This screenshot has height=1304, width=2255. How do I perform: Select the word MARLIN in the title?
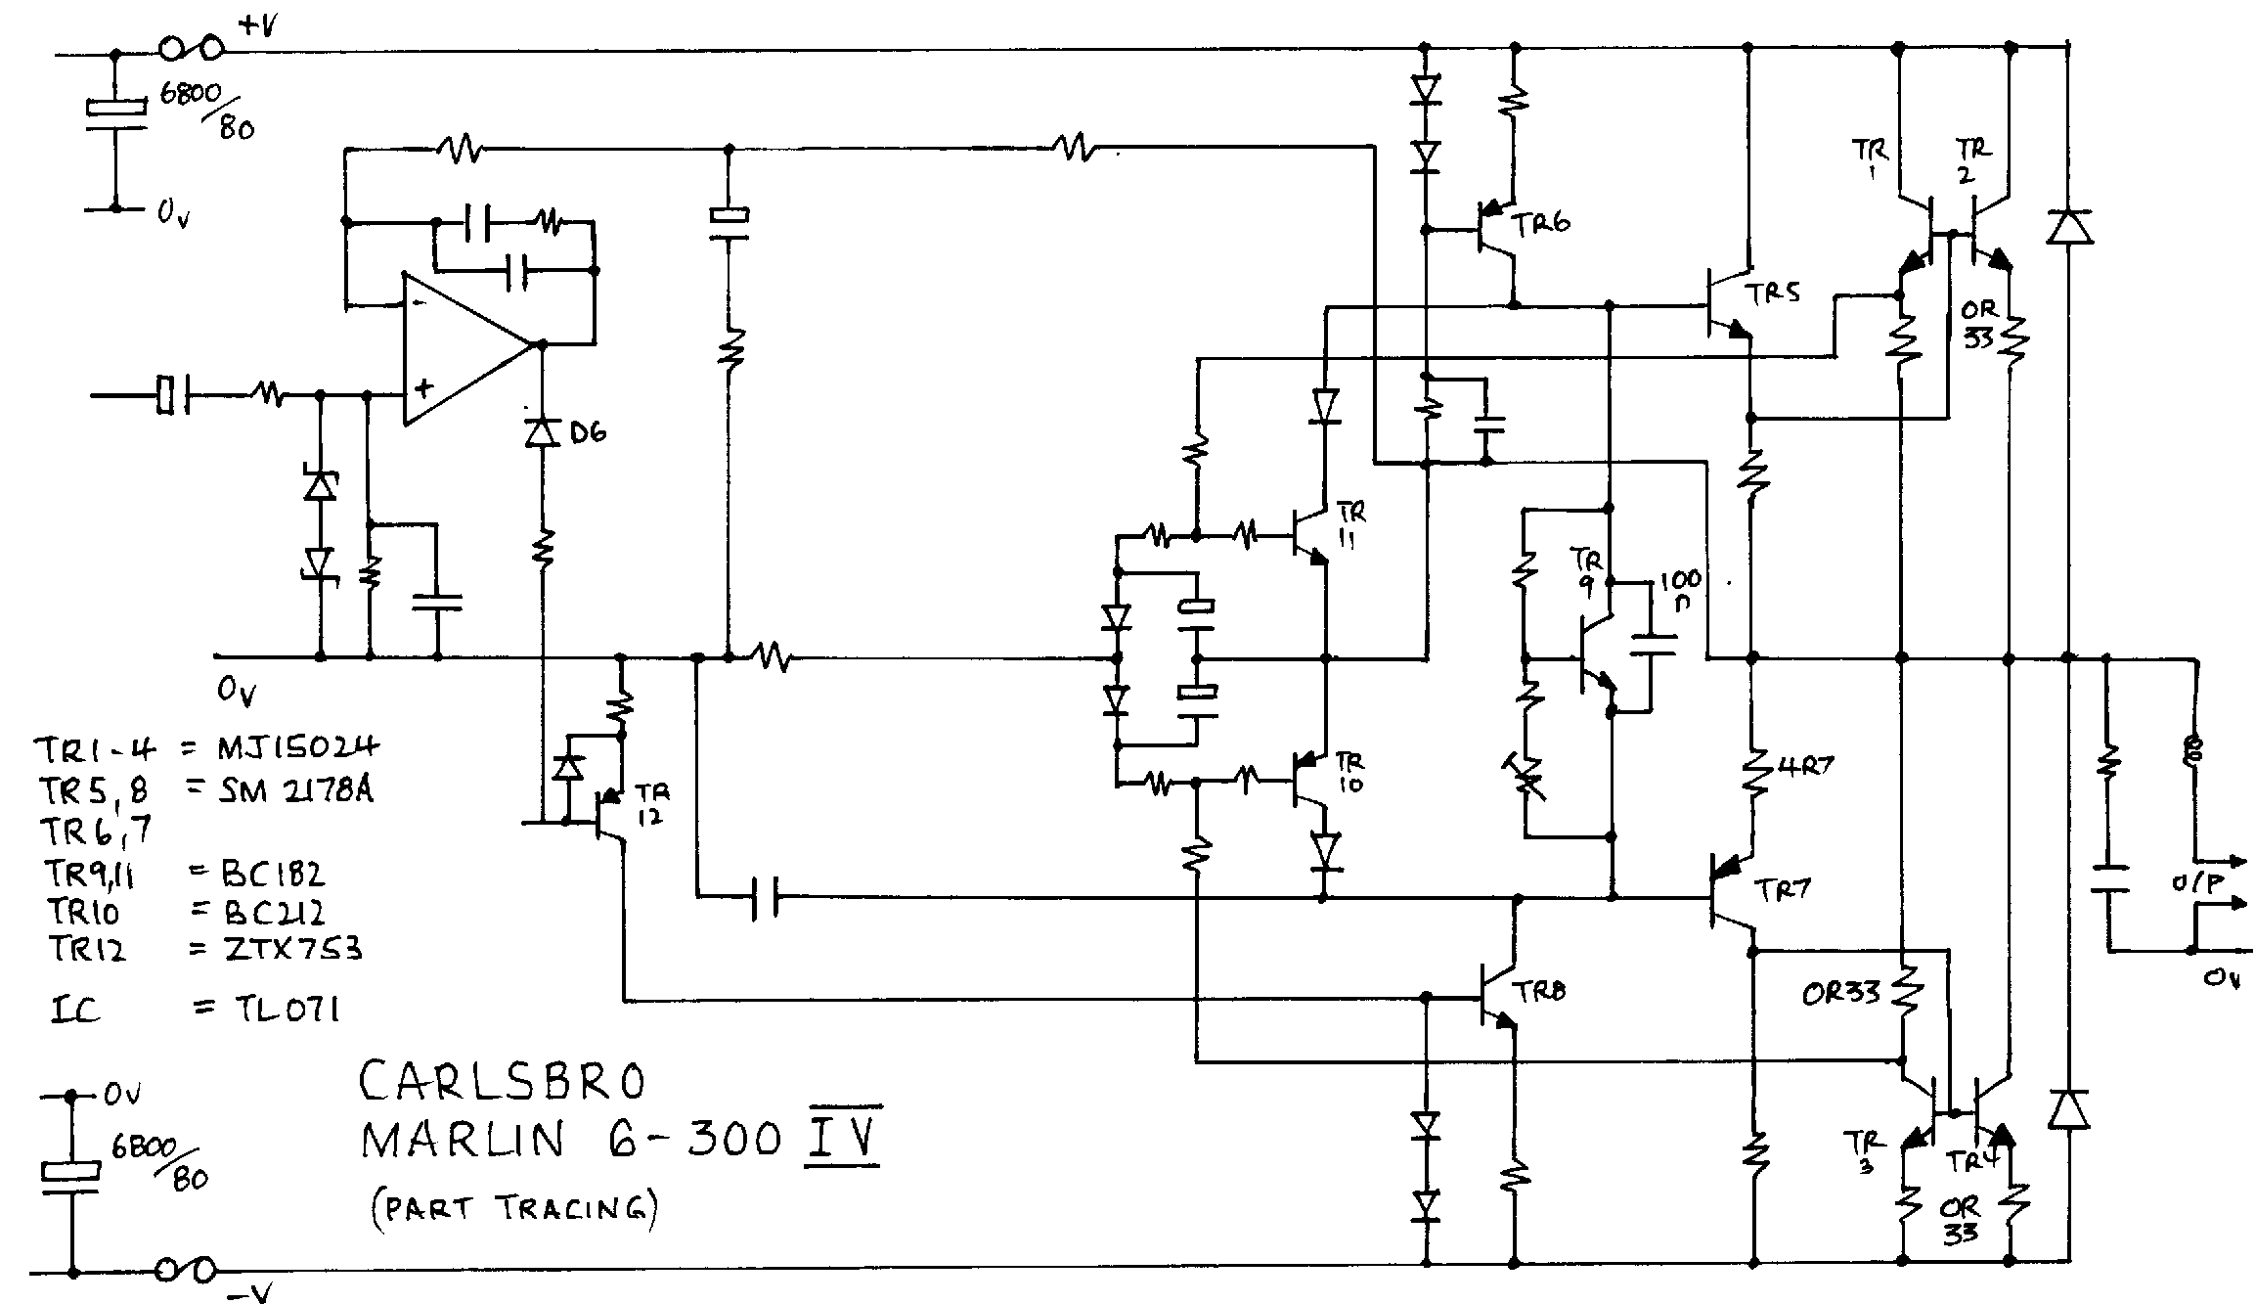pyautogui.click(x=463, y=1140)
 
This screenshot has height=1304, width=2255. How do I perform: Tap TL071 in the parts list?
pyautogui.click(x=271, y=1007)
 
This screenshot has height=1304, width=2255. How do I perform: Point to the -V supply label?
pyautogui.click(x=249, y=1293)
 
